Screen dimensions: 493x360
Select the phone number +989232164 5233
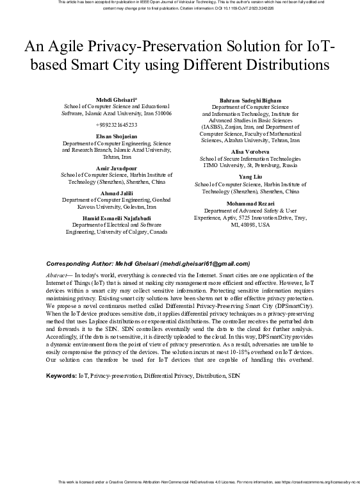pos(116,125)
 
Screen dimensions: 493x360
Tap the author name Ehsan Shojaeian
pos(116,137)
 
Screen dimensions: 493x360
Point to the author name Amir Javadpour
pos(116,168)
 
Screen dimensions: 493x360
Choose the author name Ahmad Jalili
pos(116,193)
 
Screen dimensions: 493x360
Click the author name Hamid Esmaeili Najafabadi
pos(116,218)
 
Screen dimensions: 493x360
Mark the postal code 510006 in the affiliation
pos(163,113)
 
